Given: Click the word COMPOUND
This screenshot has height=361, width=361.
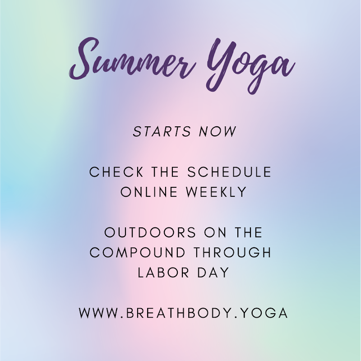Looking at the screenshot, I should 136,252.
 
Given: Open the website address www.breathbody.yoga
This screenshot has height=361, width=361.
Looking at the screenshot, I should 183,313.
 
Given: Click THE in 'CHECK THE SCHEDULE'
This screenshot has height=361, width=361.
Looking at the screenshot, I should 164,172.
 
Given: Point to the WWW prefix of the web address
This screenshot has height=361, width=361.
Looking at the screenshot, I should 97,313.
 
